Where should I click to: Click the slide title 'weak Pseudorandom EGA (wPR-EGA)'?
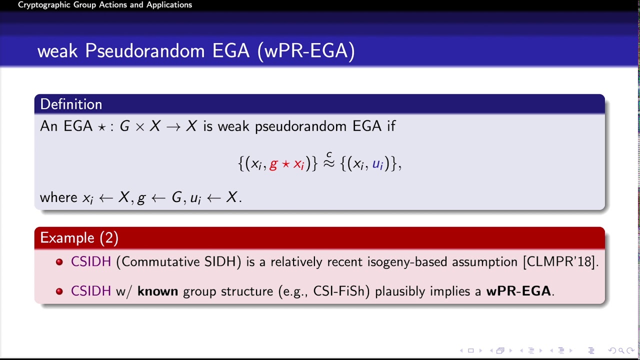point(196,51)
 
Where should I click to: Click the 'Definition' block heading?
point(71,104)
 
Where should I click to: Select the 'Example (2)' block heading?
point(79,237)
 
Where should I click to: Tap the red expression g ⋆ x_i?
point(286,164)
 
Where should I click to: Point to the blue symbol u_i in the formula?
point(377,164)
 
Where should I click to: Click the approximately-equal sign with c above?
point(328,162)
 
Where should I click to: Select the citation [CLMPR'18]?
point(560,262)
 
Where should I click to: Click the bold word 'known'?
point(157,291)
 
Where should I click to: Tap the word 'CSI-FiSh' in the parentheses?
point(341,291)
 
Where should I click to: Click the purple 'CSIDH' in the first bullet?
point(91,262)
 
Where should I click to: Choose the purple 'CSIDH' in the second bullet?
point(91,291)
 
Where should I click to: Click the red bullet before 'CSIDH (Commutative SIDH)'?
point(59,262)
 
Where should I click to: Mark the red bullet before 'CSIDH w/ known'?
point(59,291)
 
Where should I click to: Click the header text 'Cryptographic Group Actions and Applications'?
point(105,5)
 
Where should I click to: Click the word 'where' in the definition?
point(58,197)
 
